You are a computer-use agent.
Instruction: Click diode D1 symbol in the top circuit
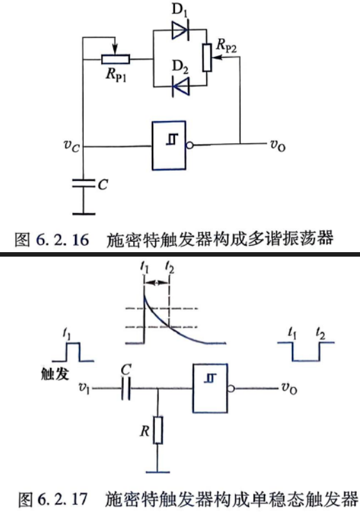[180, 30]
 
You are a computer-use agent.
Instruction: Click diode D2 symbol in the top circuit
[181, 86]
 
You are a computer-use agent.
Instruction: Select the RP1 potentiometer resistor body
[115, 60]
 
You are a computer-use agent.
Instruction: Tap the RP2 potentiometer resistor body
[207, 58]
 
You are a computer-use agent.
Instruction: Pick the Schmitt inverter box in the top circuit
[169, 146]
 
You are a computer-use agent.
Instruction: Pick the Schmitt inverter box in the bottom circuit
[210, 388]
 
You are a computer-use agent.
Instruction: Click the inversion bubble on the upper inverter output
[189, 145]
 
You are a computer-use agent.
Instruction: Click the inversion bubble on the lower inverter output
[231, 388]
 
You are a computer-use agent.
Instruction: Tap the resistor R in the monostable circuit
[158, 430]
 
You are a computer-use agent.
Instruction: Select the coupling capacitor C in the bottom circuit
[126, 388]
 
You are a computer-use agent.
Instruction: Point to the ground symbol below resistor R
[158, 472]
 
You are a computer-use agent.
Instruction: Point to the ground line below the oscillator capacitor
[84, 214]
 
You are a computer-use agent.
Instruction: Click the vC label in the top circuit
[72, 146]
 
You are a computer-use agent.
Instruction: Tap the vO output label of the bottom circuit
[289, 388]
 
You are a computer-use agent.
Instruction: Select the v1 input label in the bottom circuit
[84, 388]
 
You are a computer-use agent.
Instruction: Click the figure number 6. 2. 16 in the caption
[62, 240]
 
